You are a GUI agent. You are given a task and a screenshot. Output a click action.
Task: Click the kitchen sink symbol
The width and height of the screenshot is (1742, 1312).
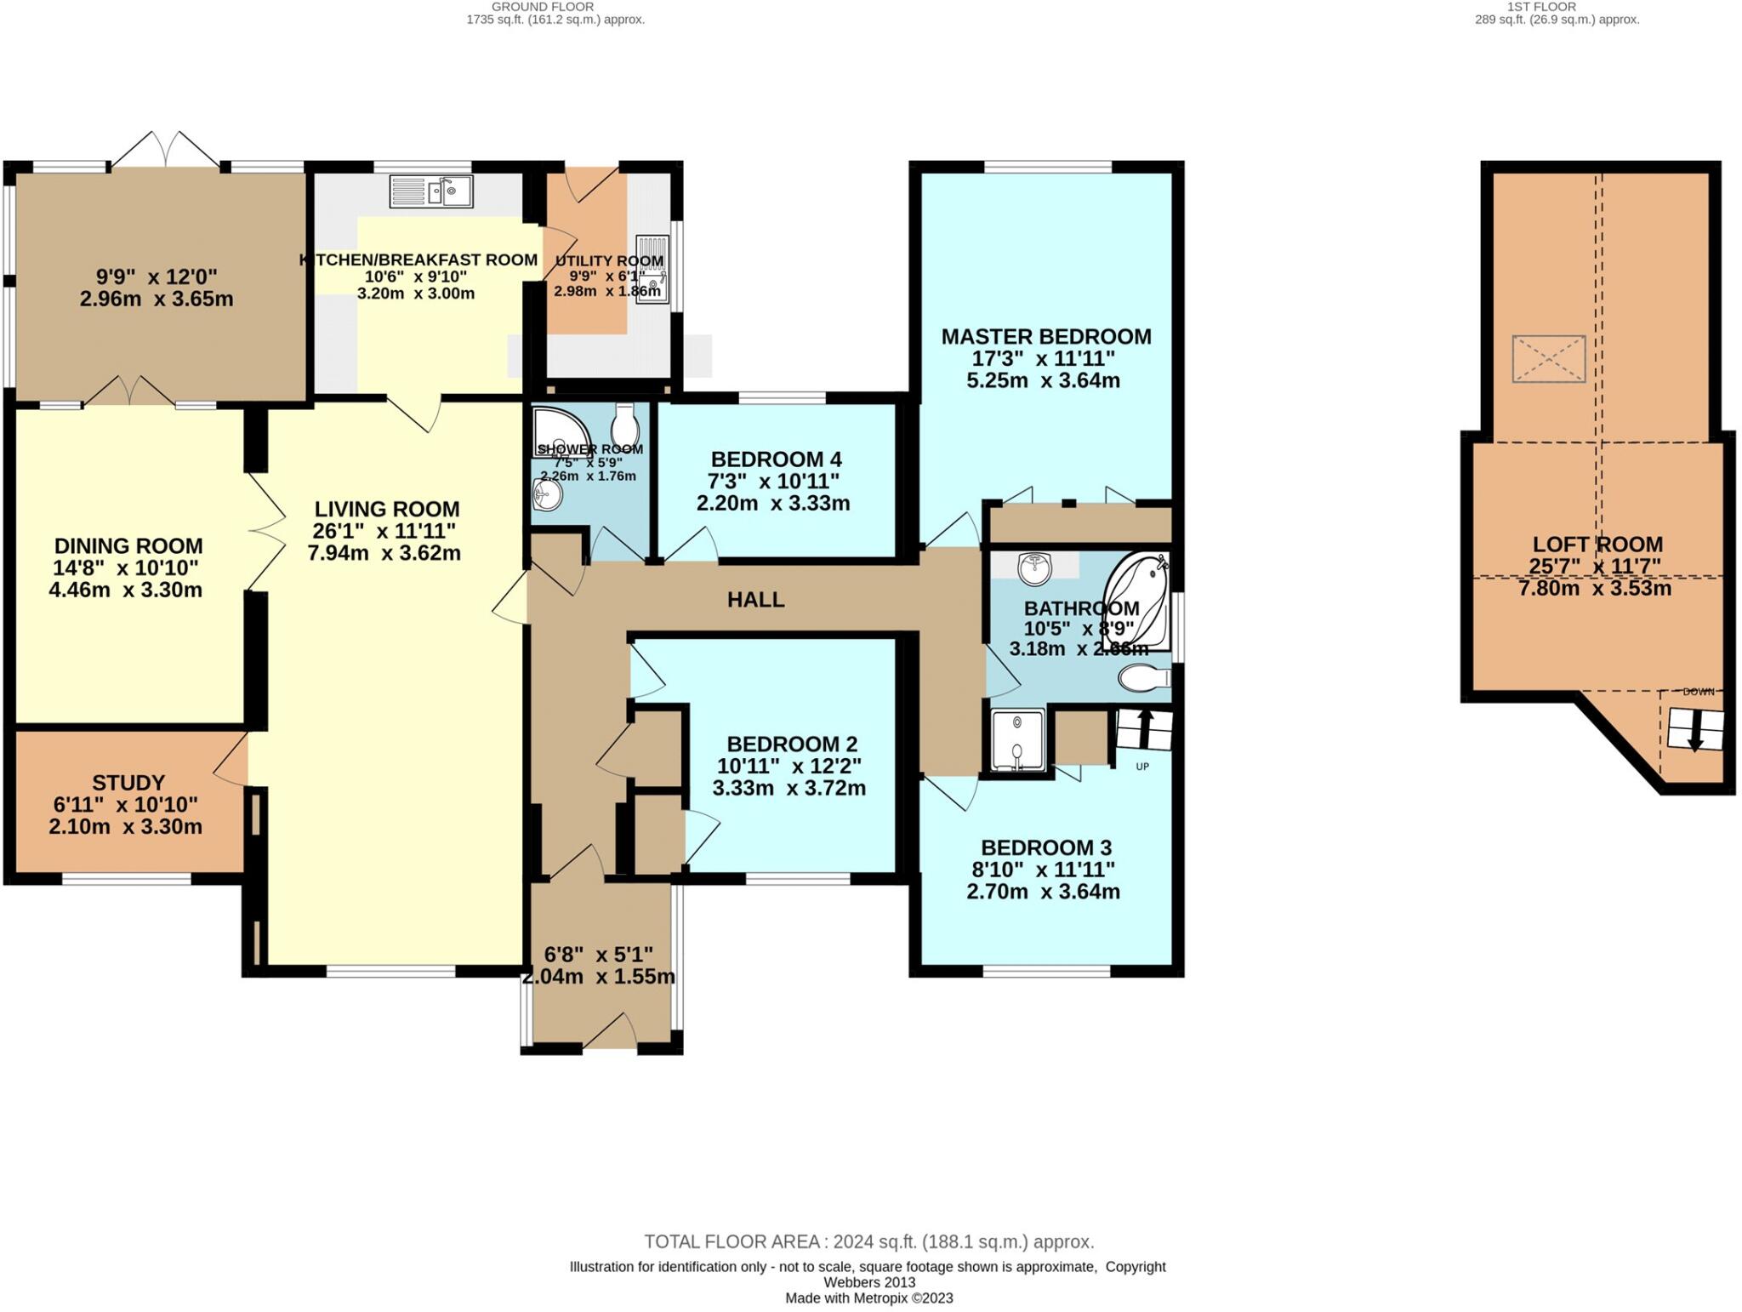coord(431,191)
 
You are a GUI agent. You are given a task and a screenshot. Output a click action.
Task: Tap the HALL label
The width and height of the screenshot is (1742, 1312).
coord(755,600)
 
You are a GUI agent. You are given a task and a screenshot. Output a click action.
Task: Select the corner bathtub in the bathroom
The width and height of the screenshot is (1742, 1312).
coord(1136,600)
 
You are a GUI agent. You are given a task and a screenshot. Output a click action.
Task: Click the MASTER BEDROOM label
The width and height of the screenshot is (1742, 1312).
coord(1045,337)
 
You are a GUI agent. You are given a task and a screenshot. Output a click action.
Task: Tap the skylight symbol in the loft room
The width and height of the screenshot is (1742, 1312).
coord(1548,358)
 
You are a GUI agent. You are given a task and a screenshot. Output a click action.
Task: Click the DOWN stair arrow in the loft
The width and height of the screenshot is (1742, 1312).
coord(1695,730)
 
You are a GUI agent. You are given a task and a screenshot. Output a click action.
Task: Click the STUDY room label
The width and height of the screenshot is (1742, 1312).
coord(128,782)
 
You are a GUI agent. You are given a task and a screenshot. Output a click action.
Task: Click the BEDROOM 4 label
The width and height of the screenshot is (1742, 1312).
coord(776,459)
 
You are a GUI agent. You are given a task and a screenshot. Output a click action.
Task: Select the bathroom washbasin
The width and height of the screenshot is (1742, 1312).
coord(1035,568)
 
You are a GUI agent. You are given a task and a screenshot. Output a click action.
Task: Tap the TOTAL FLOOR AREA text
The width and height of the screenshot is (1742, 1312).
coord(868,1241)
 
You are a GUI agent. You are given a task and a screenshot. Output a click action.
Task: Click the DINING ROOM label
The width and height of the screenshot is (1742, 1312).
coord(128,546)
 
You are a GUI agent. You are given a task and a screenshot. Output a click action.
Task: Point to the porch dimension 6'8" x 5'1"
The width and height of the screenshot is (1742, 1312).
coord(599,955)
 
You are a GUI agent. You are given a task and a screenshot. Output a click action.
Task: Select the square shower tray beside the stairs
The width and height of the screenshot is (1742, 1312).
coord(1017,739)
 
